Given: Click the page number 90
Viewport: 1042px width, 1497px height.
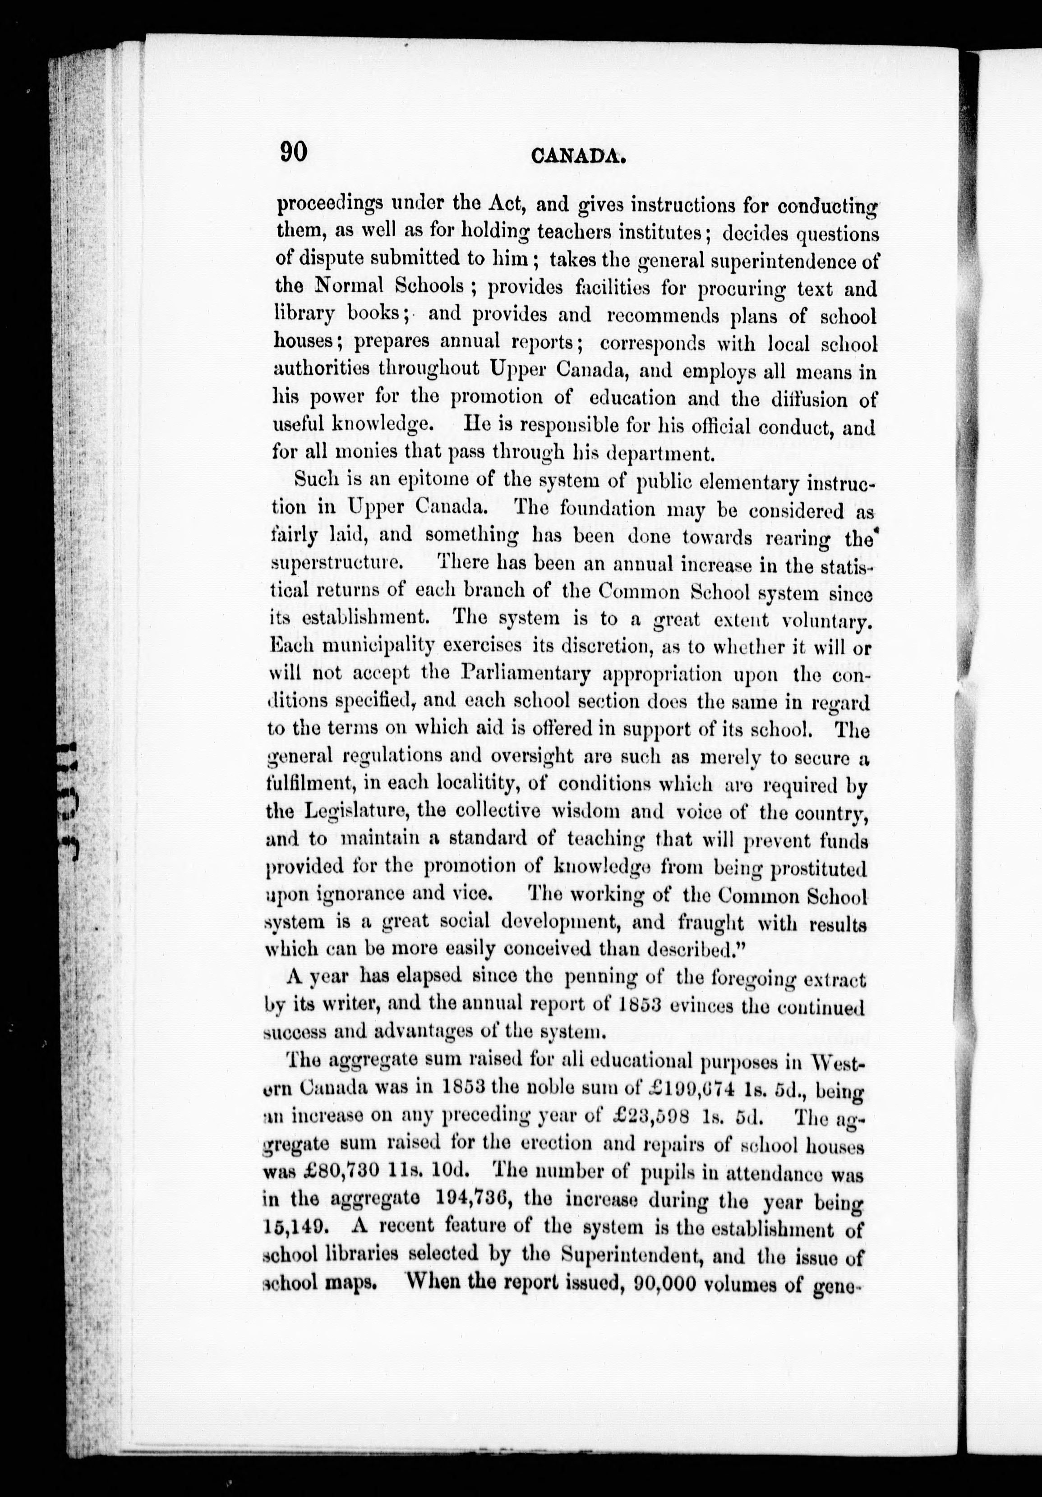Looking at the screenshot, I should tap(294, 152).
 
